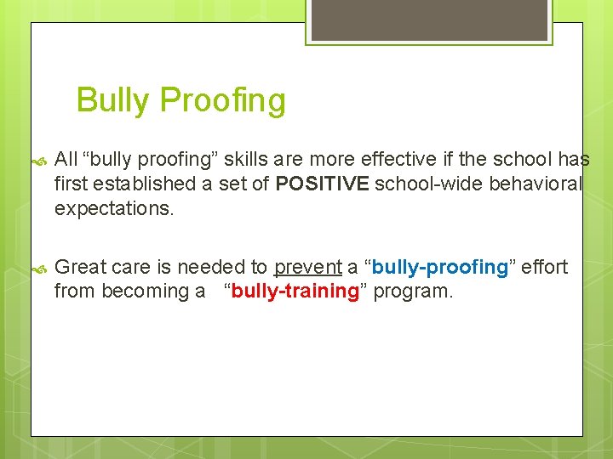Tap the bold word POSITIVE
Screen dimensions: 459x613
tap(323, 184)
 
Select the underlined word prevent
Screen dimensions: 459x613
tap(307, 267)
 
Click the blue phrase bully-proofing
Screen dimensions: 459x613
tap(440, 267)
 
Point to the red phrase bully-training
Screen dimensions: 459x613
tap(295, 292)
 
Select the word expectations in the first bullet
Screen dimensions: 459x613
tap(113, 209)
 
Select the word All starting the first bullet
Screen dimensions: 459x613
tap(66, 160)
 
